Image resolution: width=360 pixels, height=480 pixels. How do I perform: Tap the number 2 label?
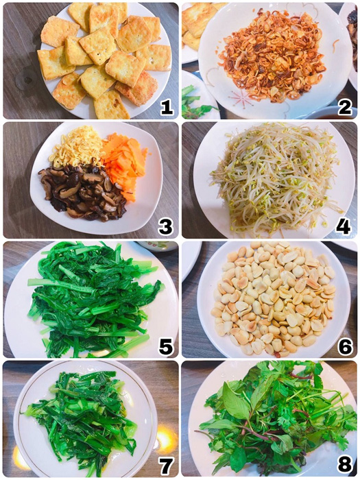coord(344,106)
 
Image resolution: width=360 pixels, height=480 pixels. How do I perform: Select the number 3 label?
coord(165,225)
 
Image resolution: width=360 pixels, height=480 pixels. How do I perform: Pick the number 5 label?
coord(165,345)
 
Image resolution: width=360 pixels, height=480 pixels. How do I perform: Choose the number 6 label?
coord(344,345)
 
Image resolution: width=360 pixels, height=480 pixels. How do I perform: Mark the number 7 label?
coord(165,464)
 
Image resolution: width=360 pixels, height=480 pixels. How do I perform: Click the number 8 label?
coord(344,464)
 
